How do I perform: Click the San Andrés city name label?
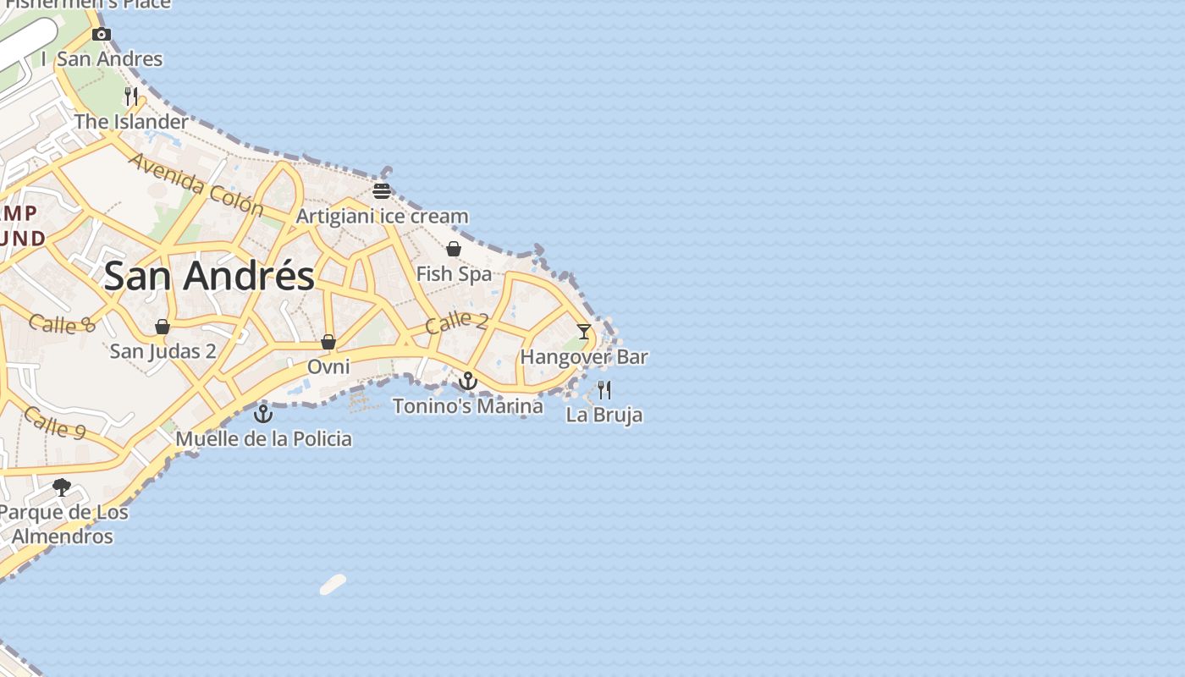[x=209, y=276]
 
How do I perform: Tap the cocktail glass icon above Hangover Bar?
[x=584, y=331]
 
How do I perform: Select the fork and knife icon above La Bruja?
[x=604, y=389]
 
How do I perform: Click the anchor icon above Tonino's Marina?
[x=468, y=381]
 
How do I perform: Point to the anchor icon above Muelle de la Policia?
[x=263, y=414]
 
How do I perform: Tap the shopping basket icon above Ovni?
[x=328, y=342]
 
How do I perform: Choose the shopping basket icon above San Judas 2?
[x=163, y=327]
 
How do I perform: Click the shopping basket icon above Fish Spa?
[x=454, y=249]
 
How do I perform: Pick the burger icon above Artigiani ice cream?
[x=382, y=190]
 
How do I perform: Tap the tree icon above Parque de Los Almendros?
[x=62, y=487]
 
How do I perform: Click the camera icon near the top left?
[x=102, y=35]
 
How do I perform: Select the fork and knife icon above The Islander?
[x=131, y=96]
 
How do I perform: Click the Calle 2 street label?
[x=457, y=322]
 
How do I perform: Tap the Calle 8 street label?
[x=62, y=323]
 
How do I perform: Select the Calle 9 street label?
[x=55, y=422]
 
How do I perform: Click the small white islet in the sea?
[x=333, y=584]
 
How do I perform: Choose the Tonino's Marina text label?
[x=468, y=406]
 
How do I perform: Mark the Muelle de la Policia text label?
[x=263, y=439]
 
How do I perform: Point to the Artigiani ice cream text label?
[x=382, y=217]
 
